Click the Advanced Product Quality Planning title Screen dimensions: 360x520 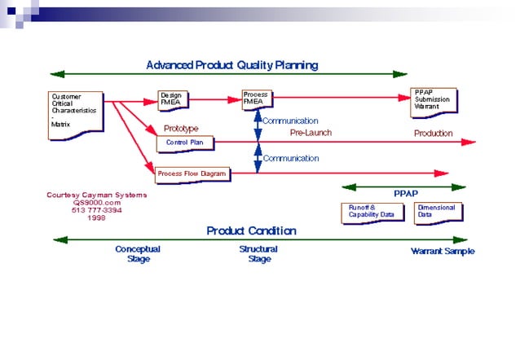[x=231, y=64]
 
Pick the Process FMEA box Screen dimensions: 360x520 [x=258, y=99]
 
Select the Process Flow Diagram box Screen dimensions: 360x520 [x=192, y=173]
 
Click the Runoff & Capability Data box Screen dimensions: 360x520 [x=372, y=212]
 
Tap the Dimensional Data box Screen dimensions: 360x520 [x=437, y=212]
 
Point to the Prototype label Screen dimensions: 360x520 [x=181, y=129]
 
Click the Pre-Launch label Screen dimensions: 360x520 [x=311, y=133]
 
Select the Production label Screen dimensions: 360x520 [x=433, y=133]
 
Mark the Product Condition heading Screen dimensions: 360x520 [x=250, y=230]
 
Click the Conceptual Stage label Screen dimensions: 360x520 [x=137, y=254]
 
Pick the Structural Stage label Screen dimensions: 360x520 [x=258, y=254]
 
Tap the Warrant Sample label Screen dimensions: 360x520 [x=442, y=252]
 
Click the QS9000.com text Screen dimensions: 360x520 [x=97, y=203]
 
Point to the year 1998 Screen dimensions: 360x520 [x=96, y=217]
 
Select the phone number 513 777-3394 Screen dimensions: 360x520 [x=97, y=210]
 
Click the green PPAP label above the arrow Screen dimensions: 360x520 [x=406, y=195]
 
